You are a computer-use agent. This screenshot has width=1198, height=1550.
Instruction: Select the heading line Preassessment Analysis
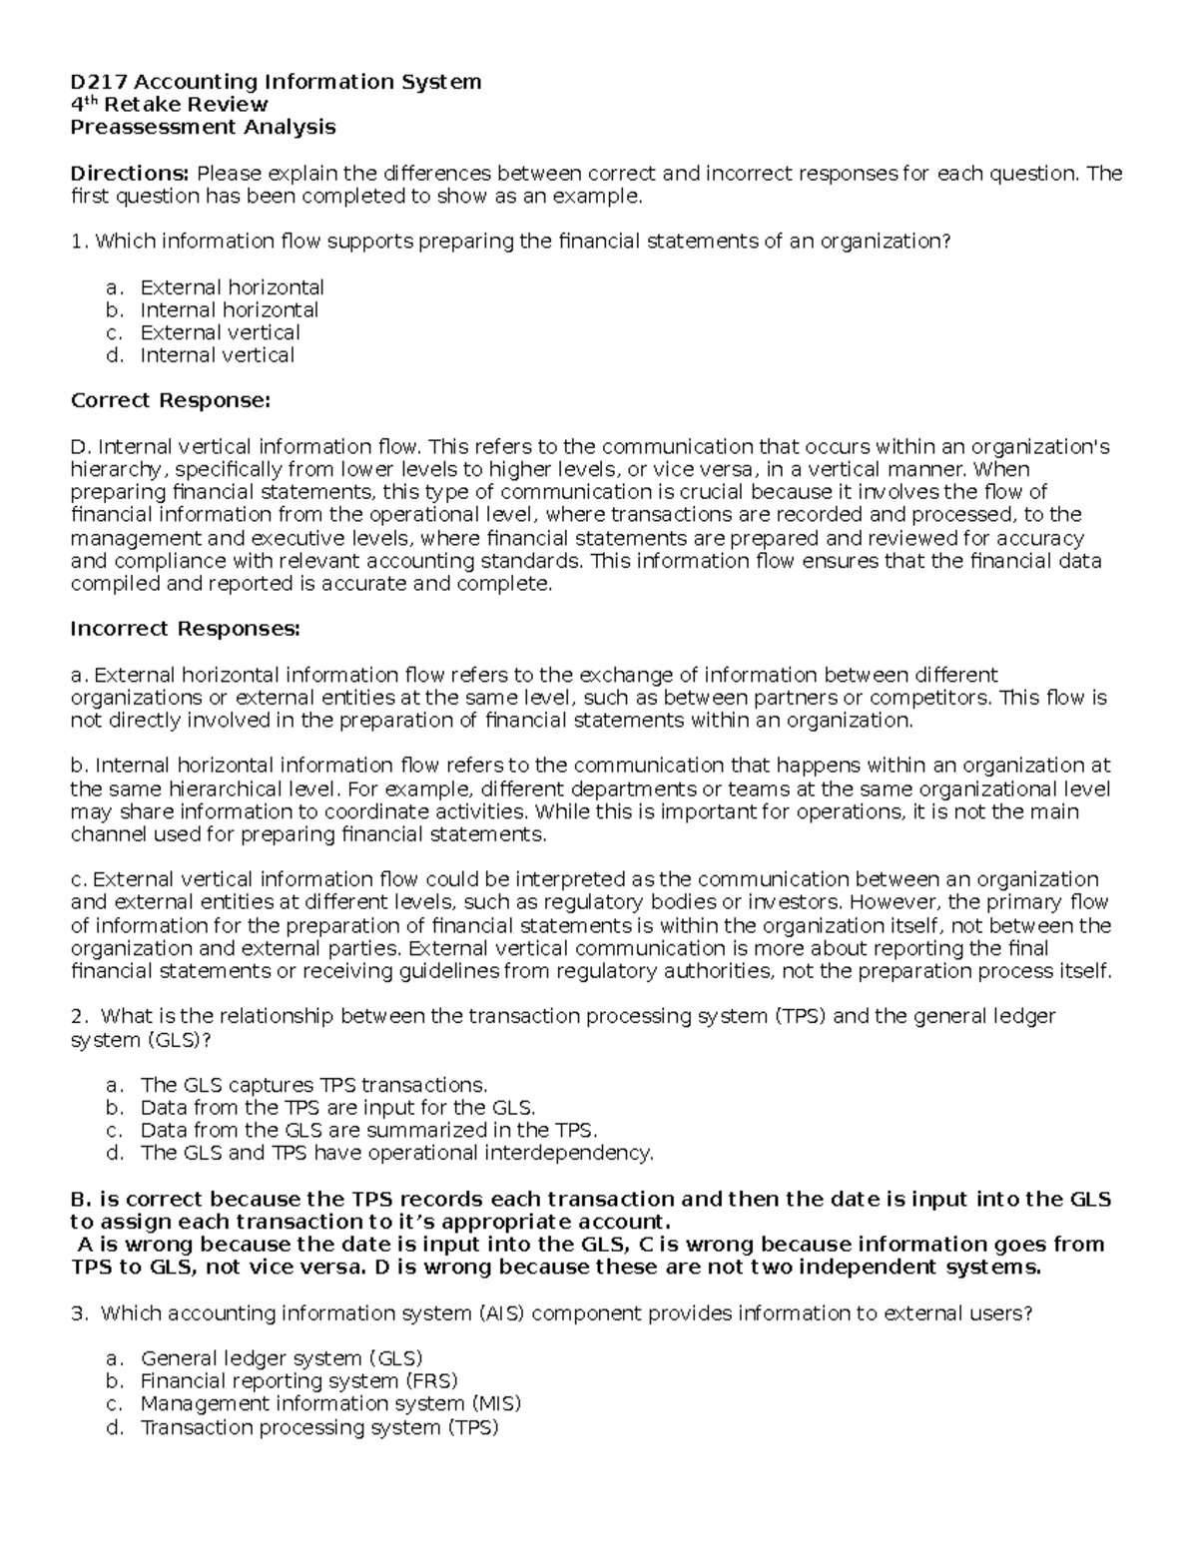click(203, 127)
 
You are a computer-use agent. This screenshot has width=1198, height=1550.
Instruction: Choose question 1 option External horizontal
click(232, 287)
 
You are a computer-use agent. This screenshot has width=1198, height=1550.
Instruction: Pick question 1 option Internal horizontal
click(229, 310)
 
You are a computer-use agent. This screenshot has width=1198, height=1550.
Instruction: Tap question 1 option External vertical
click(220, 333)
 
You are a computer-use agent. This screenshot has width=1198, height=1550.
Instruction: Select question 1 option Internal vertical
click(217, 355)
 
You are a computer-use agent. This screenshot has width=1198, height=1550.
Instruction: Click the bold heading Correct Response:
click(171, 401)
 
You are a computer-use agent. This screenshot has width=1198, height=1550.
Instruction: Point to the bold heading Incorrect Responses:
click(185, 629)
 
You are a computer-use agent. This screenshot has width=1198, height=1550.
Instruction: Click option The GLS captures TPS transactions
click(313, 1085)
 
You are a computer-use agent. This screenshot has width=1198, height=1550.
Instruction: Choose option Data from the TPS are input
click(337, 1108)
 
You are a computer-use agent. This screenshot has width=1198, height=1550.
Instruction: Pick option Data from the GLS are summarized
click(368, 1131)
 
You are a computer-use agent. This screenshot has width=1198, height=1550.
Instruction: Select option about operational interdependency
click(396, 1154)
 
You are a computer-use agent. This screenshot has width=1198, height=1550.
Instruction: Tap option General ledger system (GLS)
click(282, 1358)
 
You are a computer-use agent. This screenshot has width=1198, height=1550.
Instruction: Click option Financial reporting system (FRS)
click(299, 1381)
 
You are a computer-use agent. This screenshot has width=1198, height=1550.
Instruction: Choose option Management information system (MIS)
click(330, 1404)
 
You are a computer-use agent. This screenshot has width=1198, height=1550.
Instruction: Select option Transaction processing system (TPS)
click(318, 1427)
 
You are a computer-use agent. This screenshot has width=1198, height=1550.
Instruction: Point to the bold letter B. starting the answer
click(81, 1199)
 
